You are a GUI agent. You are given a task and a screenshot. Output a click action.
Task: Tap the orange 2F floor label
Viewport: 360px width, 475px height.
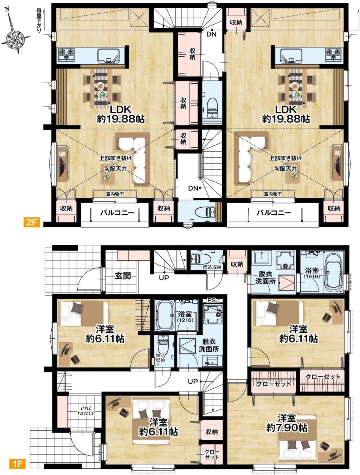point(32,222)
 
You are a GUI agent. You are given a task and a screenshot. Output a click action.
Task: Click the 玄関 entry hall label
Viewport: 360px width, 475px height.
point(123,276)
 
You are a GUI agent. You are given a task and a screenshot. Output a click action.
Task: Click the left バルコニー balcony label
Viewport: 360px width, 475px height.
point(117,213)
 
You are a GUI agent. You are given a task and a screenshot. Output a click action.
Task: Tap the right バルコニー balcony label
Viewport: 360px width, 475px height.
point(274,213)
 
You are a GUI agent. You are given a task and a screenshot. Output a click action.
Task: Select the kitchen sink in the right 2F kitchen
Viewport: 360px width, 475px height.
point(291,55)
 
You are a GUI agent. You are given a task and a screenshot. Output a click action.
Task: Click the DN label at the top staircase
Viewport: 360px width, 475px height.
point(211,34)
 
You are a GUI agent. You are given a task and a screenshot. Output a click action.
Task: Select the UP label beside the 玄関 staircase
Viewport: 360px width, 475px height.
point(164,278)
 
